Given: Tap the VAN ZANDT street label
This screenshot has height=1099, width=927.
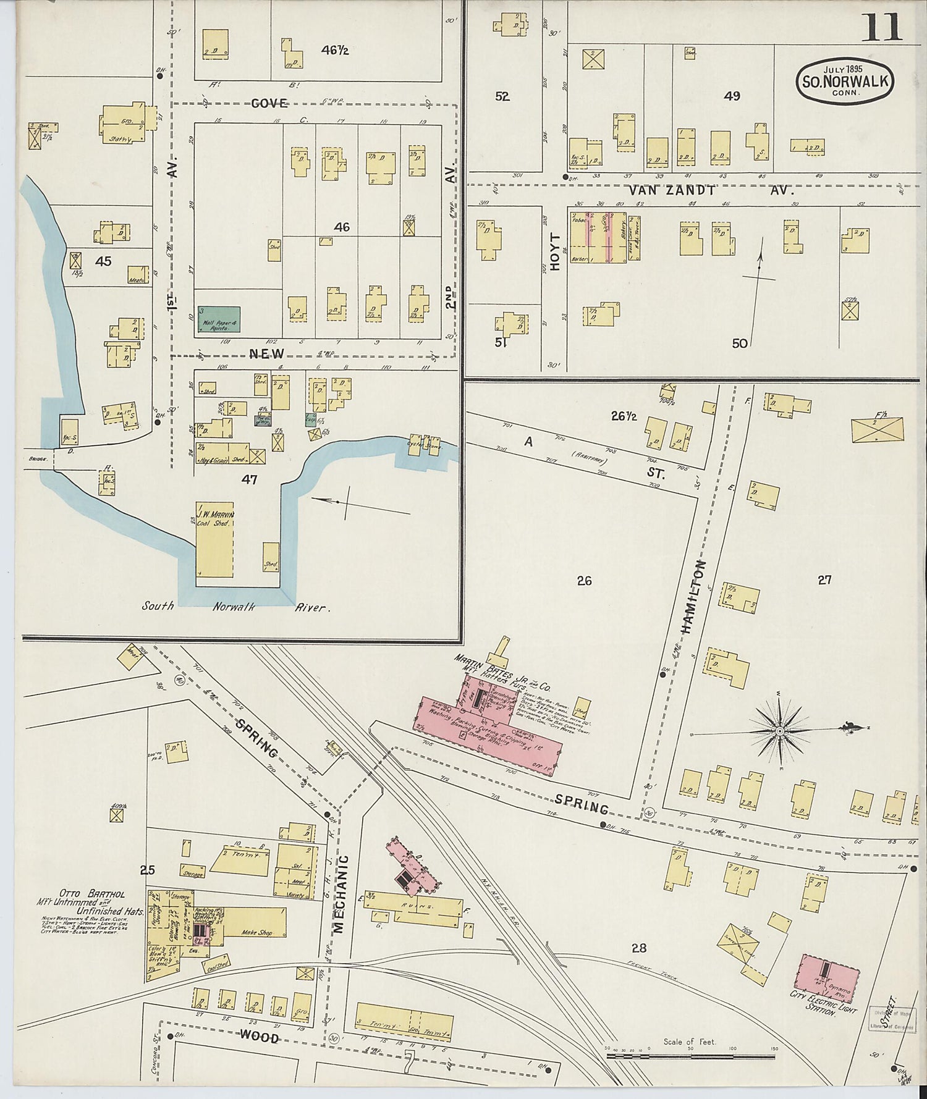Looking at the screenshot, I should point(672,191).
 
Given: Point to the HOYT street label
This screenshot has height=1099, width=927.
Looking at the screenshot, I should point(555,252).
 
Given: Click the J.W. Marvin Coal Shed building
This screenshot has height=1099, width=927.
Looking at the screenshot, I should point(214,539).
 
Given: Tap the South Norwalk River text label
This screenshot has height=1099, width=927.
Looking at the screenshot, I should point(235,607).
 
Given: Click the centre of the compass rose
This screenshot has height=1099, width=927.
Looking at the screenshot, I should point(780,731).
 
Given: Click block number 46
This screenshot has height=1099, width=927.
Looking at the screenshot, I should point(342,227).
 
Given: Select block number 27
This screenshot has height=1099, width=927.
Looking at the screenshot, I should point(824,579).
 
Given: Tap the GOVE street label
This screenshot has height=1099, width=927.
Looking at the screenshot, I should point(269,103).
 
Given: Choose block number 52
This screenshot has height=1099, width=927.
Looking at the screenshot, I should point(502,96).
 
